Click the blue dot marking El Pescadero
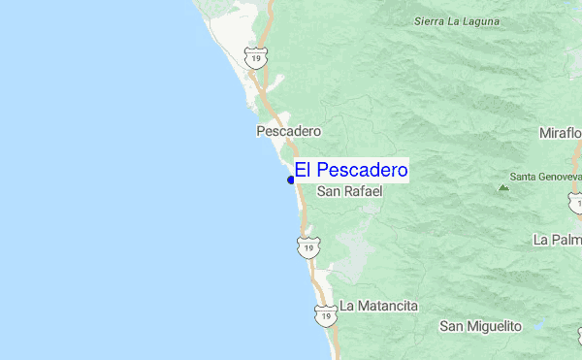point(291,180)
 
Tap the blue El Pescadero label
point(351,171)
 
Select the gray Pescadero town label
point(288,130)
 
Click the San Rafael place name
point(350,192)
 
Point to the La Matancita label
point(378,306)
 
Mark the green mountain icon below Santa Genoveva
point(502,187)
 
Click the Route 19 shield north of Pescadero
point(255,58)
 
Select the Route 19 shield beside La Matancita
point(325,314)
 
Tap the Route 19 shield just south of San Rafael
point(307,248)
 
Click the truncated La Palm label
point(557,239)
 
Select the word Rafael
point(364,192)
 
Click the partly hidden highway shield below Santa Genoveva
point(576,201)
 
